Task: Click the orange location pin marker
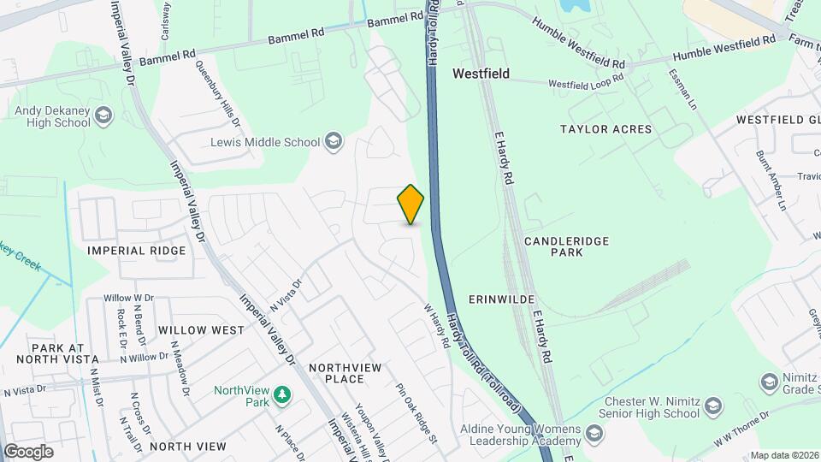(410, 204)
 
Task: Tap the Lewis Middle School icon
(333, 142)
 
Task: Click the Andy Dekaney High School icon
(103, 115)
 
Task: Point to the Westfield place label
(481, 74)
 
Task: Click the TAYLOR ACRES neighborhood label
(605, 129)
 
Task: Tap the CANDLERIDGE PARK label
(566, 247)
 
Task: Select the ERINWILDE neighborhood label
(502, 299)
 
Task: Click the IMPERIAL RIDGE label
(137, 251)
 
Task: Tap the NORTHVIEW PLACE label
(345, 373)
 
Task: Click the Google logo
(28, 452)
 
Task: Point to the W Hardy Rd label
(437, 326)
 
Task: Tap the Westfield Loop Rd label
(586, 84)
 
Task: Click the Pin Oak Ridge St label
(416, 412)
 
